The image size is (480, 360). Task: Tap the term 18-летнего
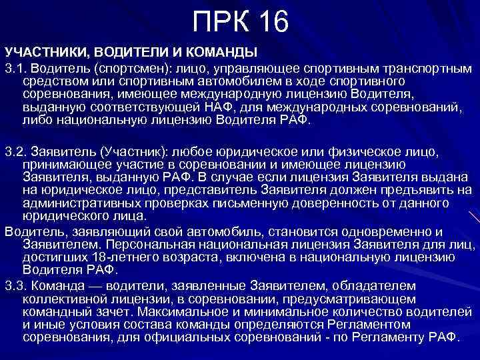pyautogui.click(x=125, y=257)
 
